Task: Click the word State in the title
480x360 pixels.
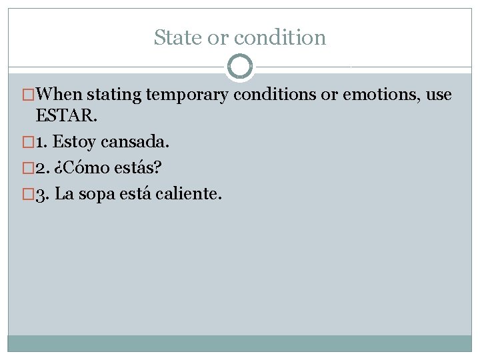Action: pyautogui.click(x=178, y=37)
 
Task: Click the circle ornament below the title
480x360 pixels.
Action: pyautogui.click(x=240, y=67)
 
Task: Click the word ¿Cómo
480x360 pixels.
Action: pyautogui.click(x=81, y=167)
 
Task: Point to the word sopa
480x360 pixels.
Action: pyautogui.click(x=95, y=194)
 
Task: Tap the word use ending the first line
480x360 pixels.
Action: pyautogui.click(x=439, y=95)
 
